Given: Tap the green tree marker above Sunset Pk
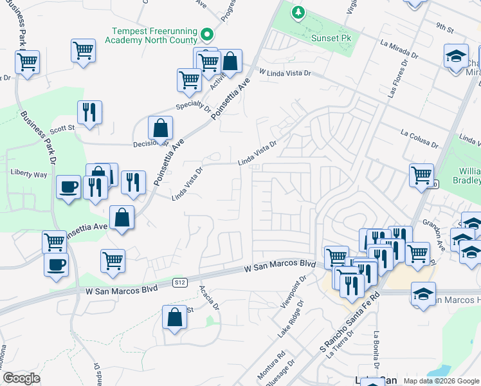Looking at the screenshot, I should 298,12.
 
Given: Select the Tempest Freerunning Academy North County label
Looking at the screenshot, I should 154,35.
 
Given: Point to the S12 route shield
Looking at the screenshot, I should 180,282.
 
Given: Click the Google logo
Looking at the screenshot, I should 21,378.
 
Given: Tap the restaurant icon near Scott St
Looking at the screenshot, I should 89,113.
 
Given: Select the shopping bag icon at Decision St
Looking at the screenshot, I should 159,128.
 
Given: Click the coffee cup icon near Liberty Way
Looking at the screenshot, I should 68,187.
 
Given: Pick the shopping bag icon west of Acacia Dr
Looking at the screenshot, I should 174,317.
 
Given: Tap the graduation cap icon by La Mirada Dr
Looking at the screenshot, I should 456,56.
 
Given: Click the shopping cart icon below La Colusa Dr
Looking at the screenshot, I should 421,175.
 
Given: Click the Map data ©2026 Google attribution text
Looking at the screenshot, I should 441,381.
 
